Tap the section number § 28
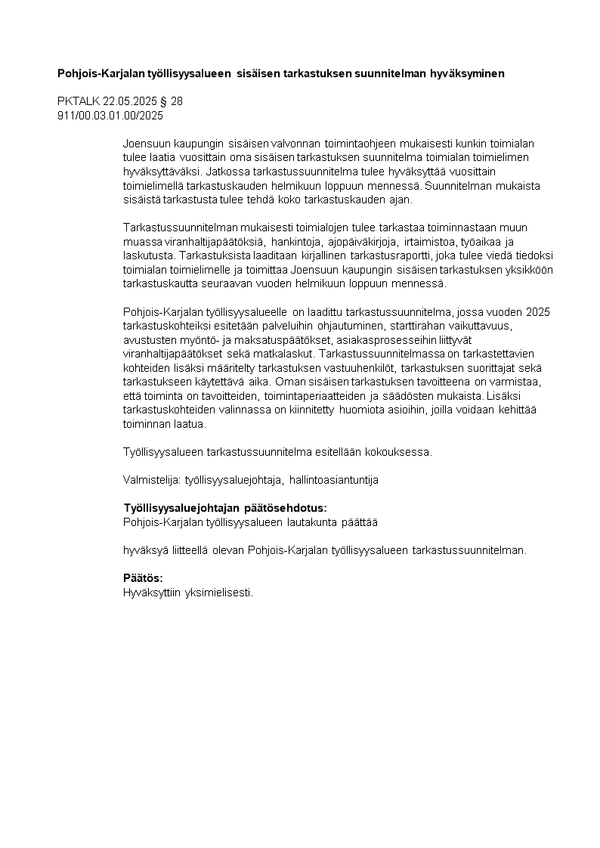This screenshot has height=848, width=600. pyautogui.click(x=172, y=102)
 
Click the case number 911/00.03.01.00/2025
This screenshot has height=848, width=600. pyautogui.click(x=110, y=116)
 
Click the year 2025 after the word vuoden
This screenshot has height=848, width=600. pyautogui.click(x=537, y=312)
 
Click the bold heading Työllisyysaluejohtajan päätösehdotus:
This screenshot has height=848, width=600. pyautogui.click(x=225, y=508)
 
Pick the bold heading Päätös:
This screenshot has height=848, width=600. pyautogui.click(x=143, y=578)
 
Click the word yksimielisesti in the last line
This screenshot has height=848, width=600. pyautogui.click(x=218, y=593)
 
